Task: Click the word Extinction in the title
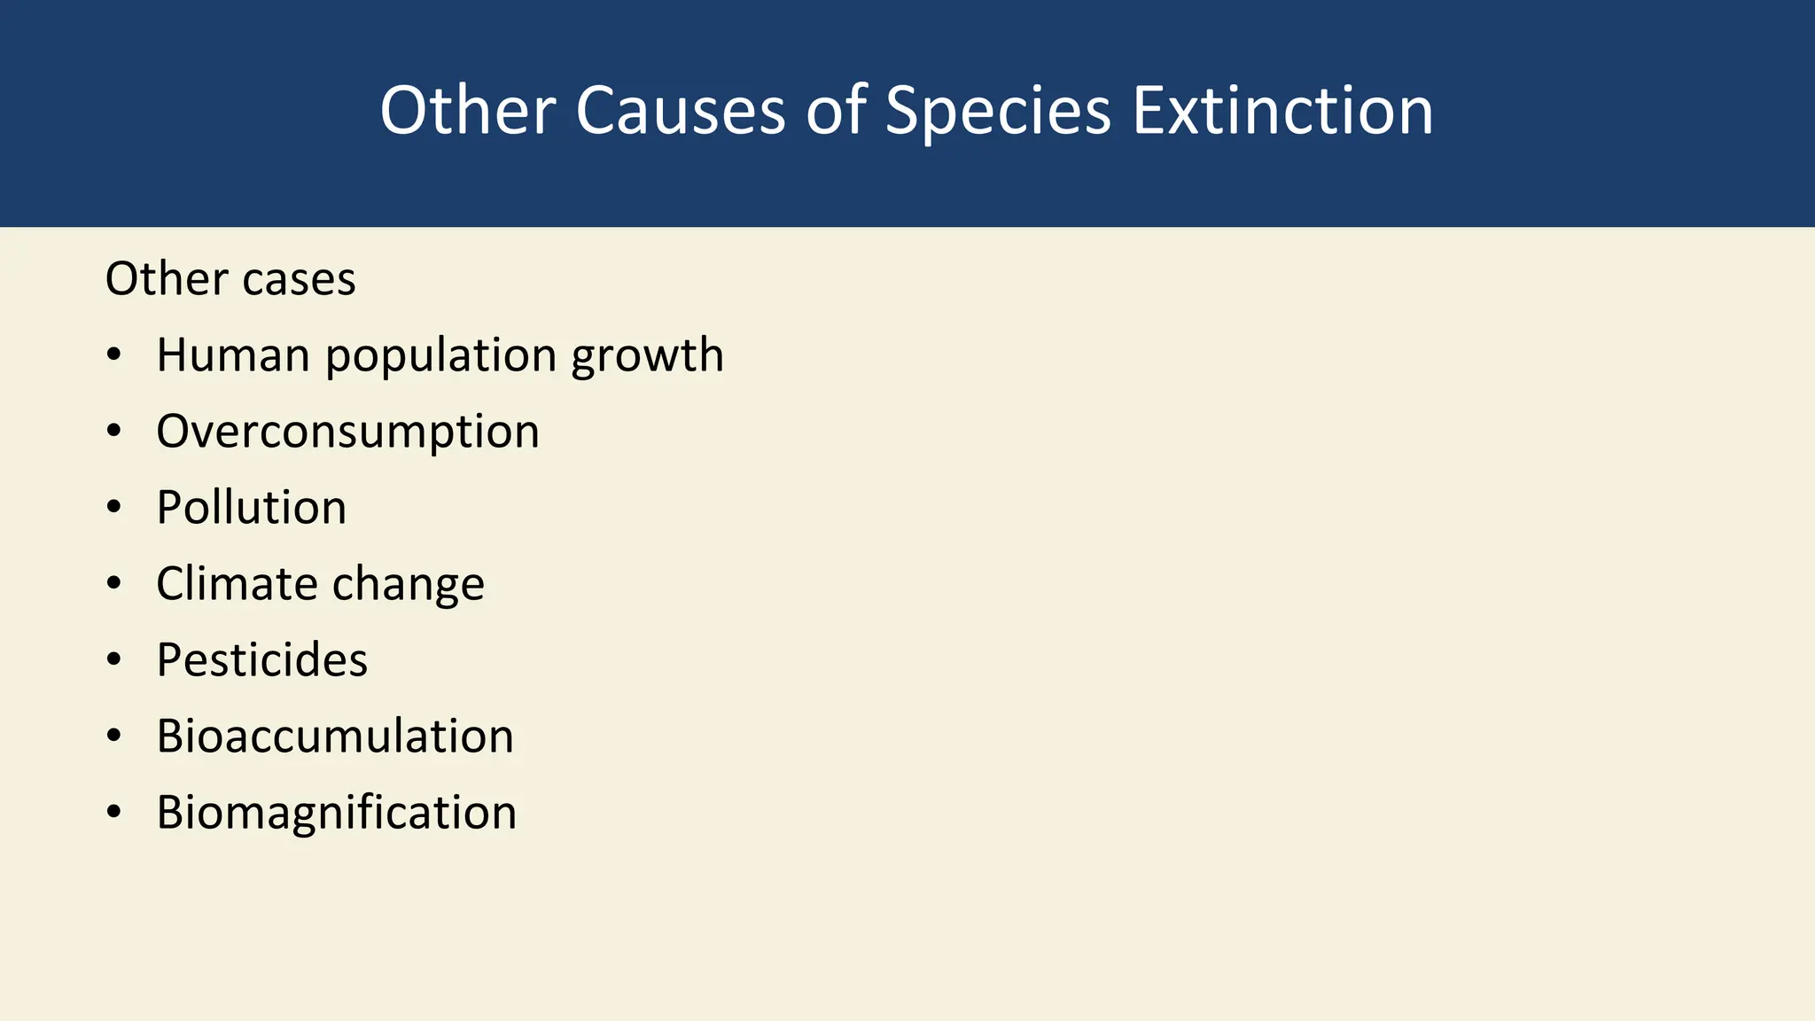pyautogui.click(x=1282, y=111)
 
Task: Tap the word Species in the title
pyautogui.click(x=998, y=113)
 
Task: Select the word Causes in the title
pyautogui.click(x=681, y=111)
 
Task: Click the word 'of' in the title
pyautogui.click(x=836, y=111)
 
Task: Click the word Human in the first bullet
pyautogui.click(x=233, y=355)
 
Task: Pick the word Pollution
pyautogui.click(x=252, y=508)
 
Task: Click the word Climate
pyautogui.click(x=237, y=584)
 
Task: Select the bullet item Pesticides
pyautogui.click(x=261, y=660)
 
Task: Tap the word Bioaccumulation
pyautogui.click(x=335, y=737)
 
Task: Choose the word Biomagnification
pyautogui.click(x=337, y=814)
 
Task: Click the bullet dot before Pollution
pyautogui.click(x=113, y=508)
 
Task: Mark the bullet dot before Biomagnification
pyautogui.click(x=113, y=813)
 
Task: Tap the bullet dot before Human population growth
pyautogui.click(x=113, y=355)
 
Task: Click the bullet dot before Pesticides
pyautogui.click(x=113, y=660)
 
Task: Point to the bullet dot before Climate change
pyautogui.click(x=113, y=584)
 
